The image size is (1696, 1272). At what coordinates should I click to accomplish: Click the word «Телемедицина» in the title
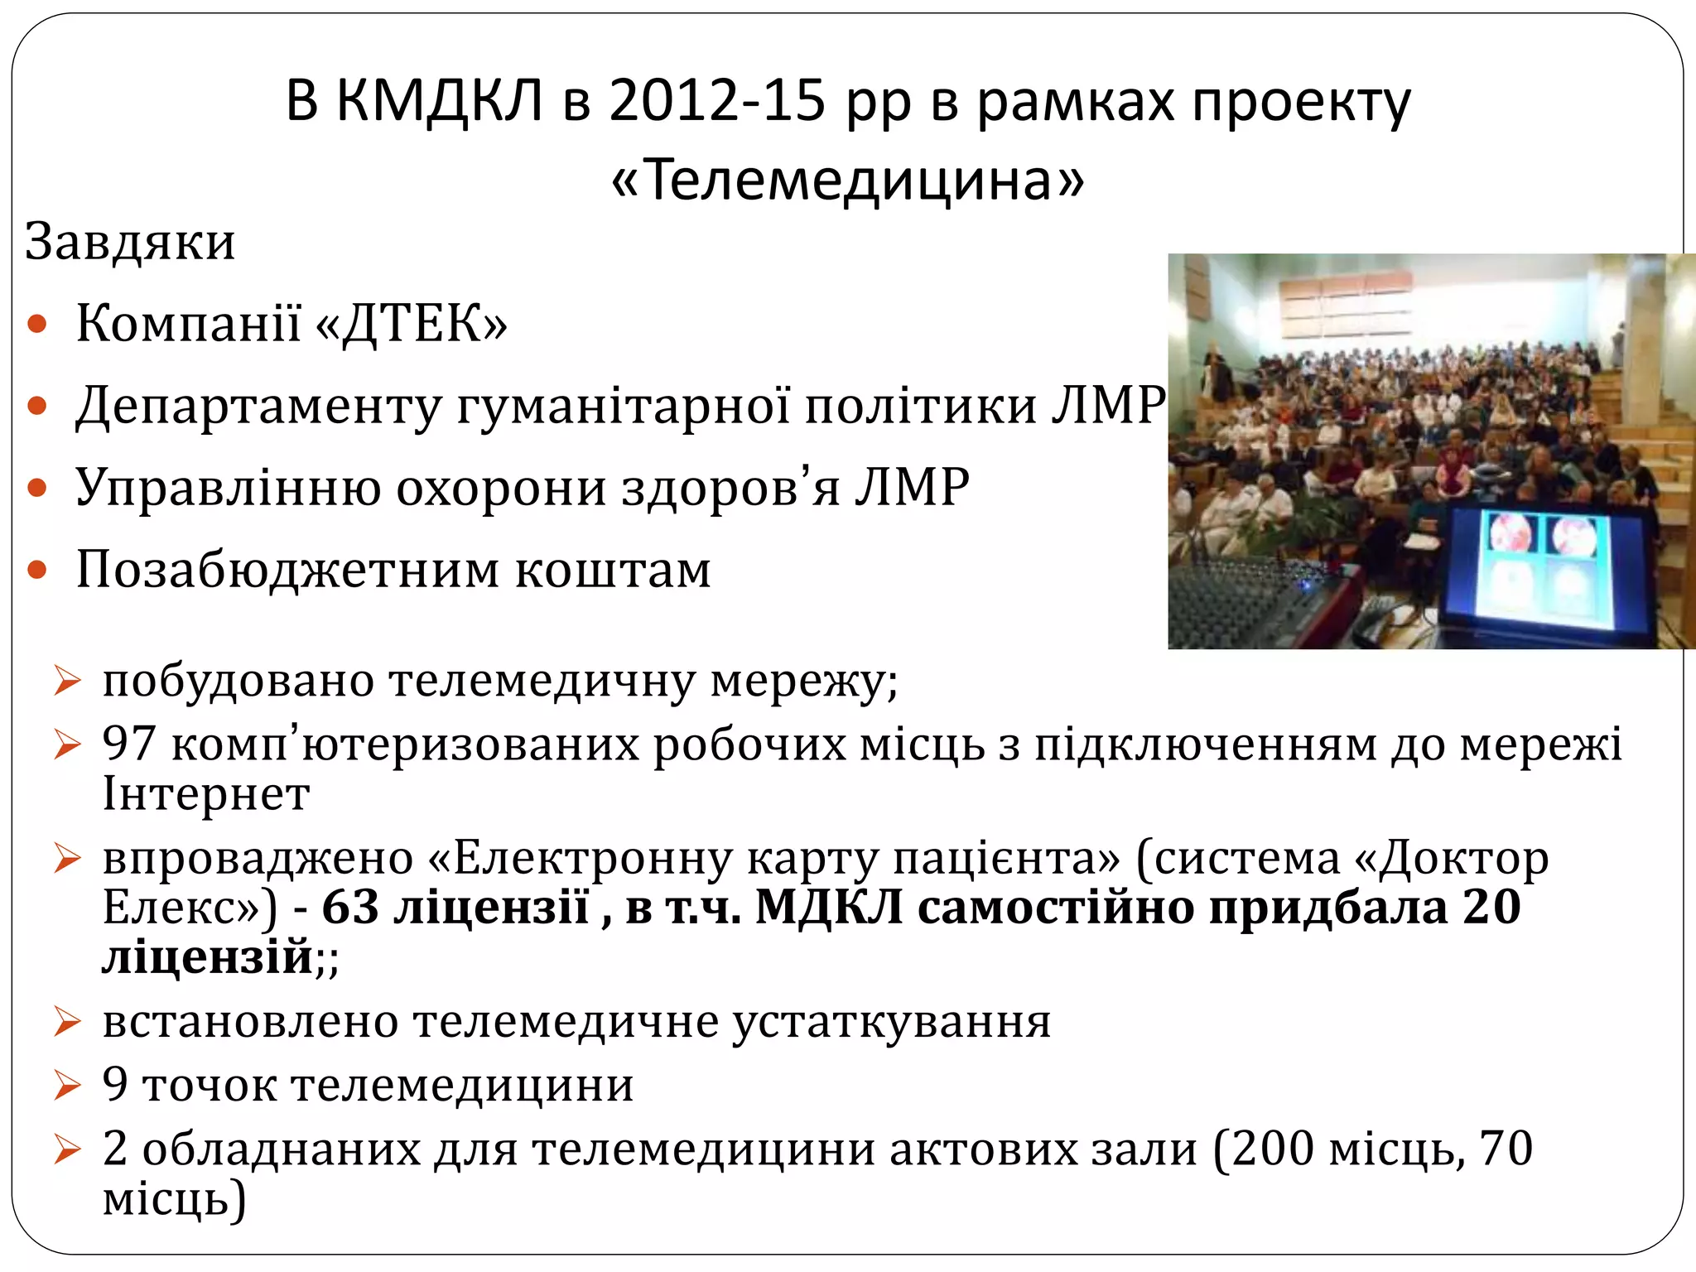point(847,180)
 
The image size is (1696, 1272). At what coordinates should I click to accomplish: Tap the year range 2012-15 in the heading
point(717,102)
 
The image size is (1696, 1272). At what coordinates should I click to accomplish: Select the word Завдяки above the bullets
point(130,242)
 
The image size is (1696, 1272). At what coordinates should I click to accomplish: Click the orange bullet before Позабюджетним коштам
point(37,570)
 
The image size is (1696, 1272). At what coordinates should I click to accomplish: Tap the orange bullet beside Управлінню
point(37,488)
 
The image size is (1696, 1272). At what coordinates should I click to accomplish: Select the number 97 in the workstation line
point(128,743)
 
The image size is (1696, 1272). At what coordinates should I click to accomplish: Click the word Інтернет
point(206,793)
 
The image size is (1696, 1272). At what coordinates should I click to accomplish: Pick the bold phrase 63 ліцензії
point(455,907)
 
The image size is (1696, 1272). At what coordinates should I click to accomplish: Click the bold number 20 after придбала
point(1491,907)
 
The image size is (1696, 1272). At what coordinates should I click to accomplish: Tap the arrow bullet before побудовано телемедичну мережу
point(67,682)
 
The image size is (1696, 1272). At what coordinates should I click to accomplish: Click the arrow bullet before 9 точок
point(67,1086)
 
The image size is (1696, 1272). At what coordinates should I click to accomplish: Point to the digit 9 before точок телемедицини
point(115,1084)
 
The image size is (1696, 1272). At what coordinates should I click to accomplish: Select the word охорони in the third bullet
point(502,488)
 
